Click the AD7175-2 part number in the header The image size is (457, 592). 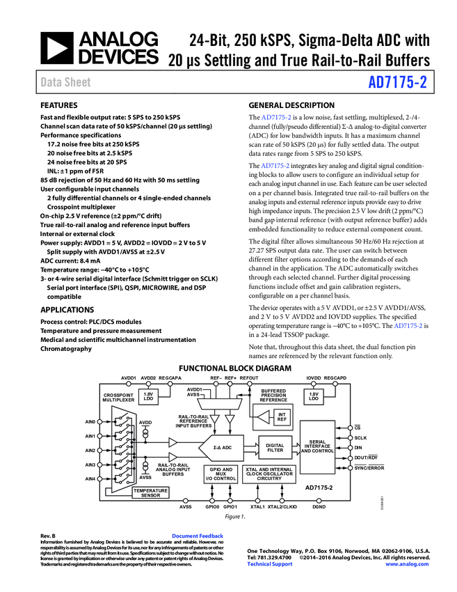[x=397, y=83]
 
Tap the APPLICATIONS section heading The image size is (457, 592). [x=67, y=309]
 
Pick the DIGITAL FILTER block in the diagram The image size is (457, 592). [x=275, y=446]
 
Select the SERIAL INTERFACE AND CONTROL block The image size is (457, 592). [x=318, y=446]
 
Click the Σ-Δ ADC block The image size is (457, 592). [x=222, y=446]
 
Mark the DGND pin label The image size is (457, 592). [x=319, y=506]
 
